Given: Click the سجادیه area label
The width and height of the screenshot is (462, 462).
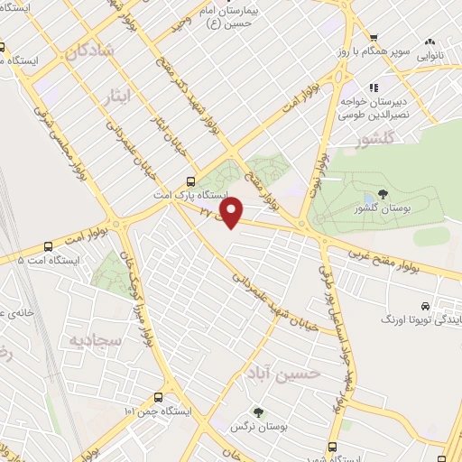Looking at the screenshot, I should click(x=91, y=341).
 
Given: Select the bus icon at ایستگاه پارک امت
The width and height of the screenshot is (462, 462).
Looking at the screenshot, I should click(x=189, y=180).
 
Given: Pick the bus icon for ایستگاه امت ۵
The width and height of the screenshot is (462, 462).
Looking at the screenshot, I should click(x=47, y=245).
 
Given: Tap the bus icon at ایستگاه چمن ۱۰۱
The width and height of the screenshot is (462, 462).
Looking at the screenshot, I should click(x=159, y=397).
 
